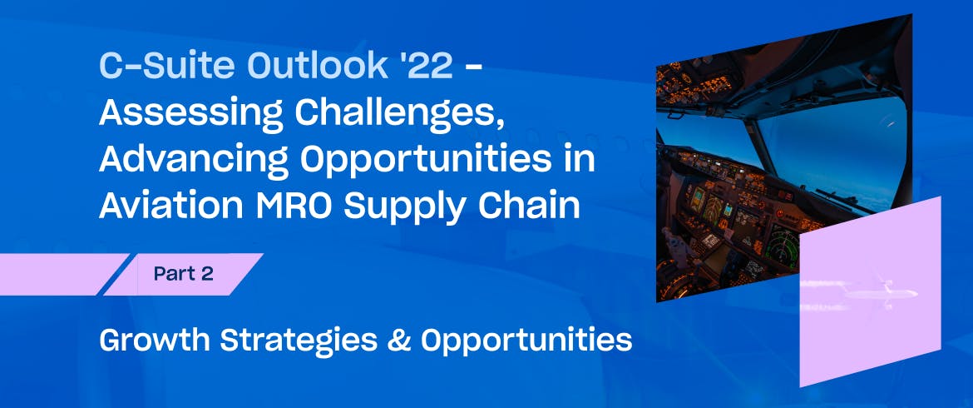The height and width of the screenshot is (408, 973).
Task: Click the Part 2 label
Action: pyautogui.click(x=184, y=274)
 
